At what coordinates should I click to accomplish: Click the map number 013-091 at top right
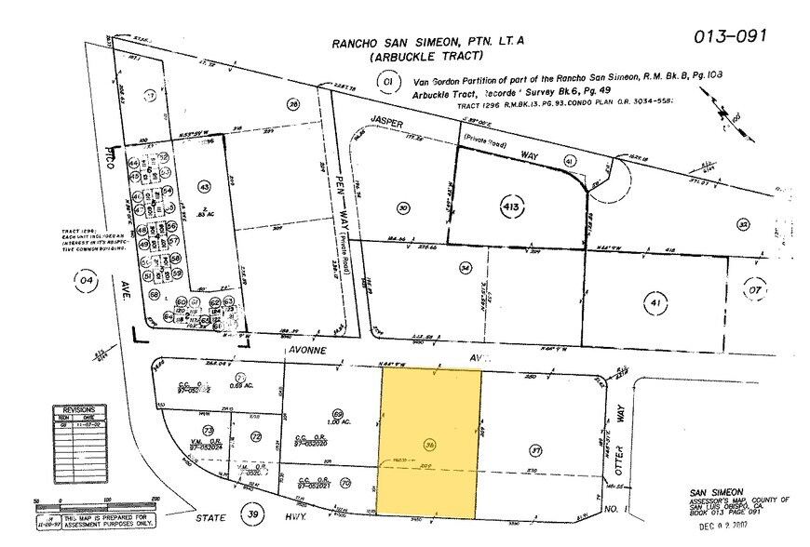(x=730, y=36)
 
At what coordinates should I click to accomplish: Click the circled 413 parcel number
(x=511, y=203)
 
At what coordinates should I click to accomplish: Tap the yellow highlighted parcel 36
(x=429, y=444)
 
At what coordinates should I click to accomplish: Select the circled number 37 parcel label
(x=535, y=451)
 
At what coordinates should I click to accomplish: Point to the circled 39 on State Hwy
(x=249, y=514)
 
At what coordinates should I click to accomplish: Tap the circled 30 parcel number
(x=402, y=207)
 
